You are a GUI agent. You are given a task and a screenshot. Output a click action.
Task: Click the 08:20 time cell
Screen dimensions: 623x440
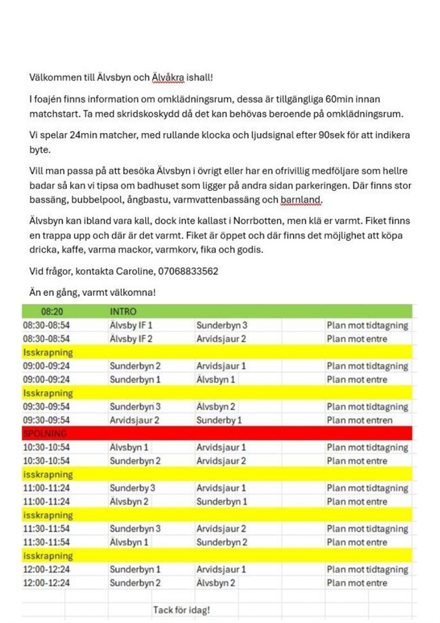(x=52, y=311)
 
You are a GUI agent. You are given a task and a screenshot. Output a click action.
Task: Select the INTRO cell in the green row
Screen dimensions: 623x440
(x=123, y=311)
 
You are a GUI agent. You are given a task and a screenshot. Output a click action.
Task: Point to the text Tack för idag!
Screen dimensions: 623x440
(x=181, y=610)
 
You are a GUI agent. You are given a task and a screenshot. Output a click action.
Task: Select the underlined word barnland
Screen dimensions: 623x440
(x=301, y=200)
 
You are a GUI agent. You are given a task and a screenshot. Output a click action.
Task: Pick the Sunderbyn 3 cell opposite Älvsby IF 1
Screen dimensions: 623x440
(x=222, y=325)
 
